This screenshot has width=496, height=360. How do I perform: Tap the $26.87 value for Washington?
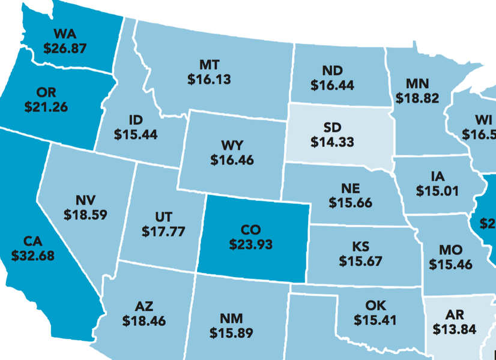pos(65,48)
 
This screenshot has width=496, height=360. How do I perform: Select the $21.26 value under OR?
pos(46,107)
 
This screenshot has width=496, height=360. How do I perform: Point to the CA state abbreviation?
pos(33,241)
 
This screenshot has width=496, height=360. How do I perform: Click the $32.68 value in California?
pos(33,256)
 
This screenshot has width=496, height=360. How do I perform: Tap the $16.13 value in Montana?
pos(209,79)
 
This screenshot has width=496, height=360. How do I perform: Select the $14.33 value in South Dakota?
pos(332,142)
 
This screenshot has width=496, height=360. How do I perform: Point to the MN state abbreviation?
pos(417,83)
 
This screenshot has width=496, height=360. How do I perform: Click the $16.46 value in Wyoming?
pos(232,160)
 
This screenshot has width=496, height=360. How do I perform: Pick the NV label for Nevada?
pos(86,199)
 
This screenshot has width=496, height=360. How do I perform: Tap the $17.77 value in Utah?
pos(163,230)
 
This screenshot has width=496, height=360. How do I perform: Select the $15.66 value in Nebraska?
pos(350,203)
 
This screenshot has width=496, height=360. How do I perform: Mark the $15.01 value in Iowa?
pos(438,191)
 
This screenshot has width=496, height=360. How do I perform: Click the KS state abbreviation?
pos(360,247)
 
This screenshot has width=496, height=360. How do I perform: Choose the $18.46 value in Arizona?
pos(144,321)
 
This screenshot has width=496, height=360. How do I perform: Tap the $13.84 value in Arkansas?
pos(455,329)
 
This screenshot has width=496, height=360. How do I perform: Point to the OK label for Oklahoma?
pos(375,305)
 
